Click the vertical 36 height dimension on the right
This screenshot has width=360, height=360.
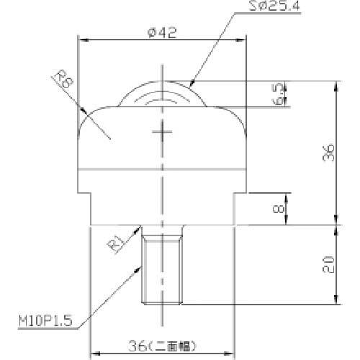pos(328,153)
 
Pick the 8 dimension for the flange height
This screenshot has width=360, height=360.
pos(279,209)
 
